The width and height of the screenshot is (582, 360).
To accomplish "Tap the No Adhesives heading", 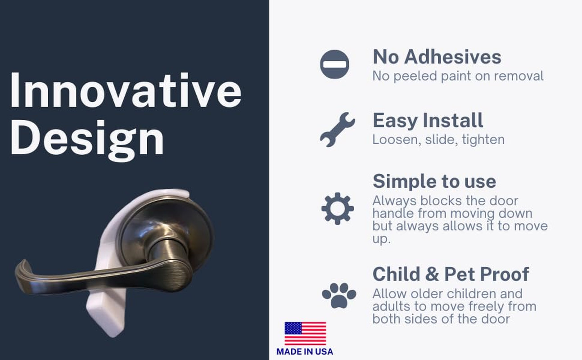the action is click(437, 57).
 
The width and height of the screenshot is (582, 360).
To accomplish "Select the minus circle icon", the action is click(334, 64).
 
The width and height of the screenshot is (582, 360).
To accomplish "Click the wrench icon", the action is click(337, 129).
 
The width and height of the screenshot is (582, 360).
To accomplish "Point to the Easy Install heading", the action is click(428, 121).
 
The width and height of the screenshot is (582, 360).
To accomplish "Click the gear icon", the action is click(338, 208).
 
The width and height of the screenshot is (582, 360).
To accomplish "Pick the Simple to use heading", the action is click(434, 181).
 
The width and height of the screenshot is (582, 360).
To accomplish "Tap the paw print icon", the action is click(339, 296).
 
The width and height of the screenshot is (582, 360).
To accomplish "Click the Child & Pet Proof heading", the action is click(451, 274).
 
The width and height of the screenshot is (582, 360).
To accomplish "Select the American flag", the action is click(305, 333).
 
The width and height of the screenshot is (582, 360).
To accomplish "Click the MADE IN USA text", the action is click(305, 351).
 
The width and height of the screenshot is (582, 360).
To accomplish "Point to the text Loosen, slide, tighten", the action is click(438, 140).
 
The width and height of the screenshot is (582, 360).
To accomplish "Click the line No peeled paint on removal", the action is click(458, 76).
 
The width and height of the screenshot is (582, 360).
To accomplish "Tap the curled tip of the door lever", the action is click(22, 270).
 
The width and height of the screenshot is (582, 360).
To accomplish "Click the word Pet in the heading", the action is click(460, 274).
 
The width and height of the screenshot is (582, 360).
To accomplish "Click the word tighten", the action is click(483, 140).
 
